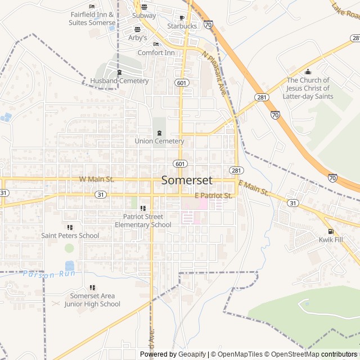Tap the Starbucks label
[x=182, y=26]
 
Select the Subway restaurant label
[x=144, y=16]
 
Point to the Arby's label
[x=137, y=38]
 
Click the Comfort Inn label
[x=156, y=53]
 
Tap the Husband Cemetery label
[x=119, y=81]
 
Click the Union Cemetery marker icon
[x=159, y=133]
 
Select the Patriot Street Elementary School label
[x=143, y=220]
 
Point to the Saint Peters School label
[x=70, y=236]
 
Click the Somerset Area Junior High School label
[x=92, y=300]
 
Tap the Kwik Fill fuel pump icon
[x=330, y=231]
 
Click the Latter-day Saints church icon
[x=308, y=71]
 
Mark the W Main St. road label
[x=97, y=179]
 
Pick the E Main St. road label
[x=253, y=188]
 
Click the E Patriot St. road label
[x=213, y=196]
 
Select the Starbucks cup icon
[x=182, y=17]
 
